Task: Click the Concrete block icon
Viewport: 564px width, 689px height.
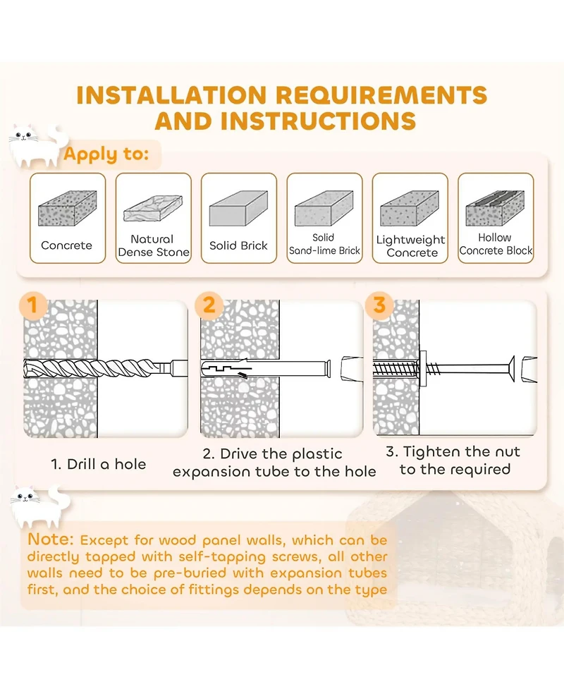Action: [x=67, y=209]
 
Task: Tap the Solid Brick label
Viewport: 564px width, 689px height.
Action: [x=238, y=246]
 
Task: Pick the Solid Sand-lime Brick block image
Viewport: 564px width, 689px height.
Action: [x=324, y=209]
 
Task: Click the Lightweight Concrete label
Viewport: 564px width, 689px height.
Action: [x=410, y=246]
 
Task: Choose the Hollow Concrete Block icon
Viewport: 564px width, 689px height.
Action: [x=495, y=206]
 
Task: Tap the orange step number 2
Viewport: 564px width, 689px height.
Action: [x=209, y=305]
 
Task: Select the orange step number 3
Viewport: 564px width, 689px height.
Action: [x=380, y=305]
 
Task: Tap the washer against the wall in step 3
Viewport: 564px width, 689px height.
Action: [x=426, y=368]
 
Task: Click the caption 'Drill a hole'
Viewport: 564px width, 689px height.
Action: [x=99, y=464]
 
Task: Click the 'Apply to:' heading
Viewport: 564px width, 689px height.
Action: [x=106, y=154]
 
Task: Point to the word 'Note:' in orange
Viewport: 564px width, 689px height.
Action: [x=51, y=539]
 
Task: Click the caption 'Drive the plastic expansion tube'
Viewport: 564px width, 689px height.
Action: [x=274, y=463]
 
